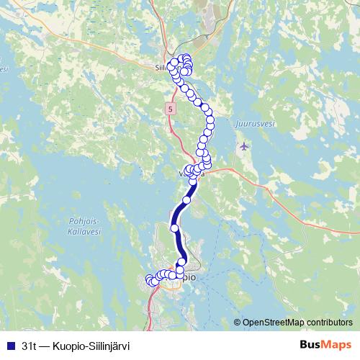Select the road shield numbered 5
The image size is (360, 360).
170,109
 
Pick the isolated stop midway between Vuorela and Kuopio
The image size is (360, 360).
175,228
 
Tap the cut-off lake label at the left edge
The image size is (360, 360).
3,70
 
